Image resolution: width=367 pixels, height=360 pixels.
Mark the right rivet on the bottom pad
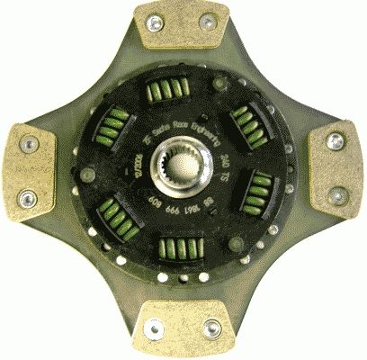tap(212, 328)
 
